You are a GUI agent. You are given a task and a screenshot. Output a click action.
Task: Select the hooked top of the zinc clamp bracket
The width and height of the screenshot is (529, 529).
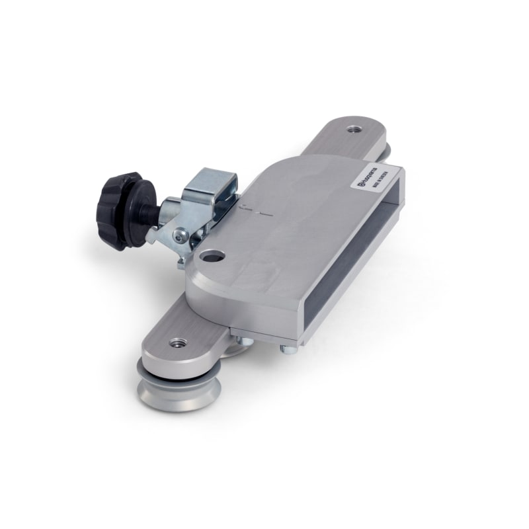click(x=211, y=179)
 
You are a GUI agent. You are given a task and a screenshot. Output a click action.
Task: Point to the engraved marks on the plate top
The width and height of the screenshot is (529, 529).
click(x=255, y=212)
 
